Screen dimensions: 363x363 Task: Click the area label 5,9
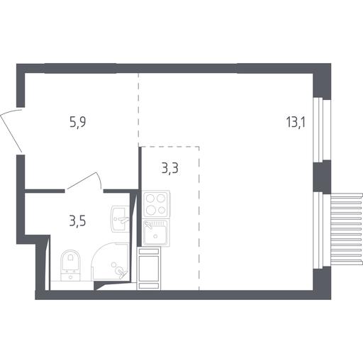point(77,123)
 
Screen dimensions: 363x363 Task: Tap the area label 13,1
point(296,123)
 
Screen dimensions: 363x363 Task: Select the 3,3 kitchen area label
point(170,168)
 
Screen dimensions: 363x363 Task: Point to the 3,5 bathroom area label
point(77,221)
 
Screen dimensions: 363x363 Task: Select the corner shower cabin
point(111,261)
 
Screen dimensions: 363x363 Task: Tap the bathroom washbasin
point(121,218)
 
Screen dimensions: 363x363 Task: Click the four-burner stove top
point(156,203)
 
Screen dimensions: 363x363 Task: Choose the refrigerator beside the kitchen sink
point(149,268)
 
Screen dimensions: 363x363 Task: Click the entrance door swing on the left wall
point(11,130)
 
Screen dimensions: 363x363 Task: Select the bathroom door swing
point(84,181)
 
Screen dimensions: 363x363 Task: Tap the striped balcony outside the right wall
point(346,228)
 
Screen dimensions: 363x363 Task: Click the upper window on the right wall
point(318,130)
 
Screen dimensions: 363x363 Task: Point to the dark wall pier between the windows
point(321,177)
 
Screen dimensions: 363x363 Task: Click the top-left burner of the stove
point(150,199)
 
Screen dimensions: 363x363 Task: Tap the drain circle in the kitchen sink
point(155,236)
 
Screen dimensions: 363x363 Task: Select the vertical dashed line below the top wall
point(138,110)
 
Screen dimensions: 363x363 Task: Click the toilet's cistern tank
point(70,276)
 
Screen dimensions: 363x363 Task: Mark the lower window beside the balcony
point(318,230)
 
